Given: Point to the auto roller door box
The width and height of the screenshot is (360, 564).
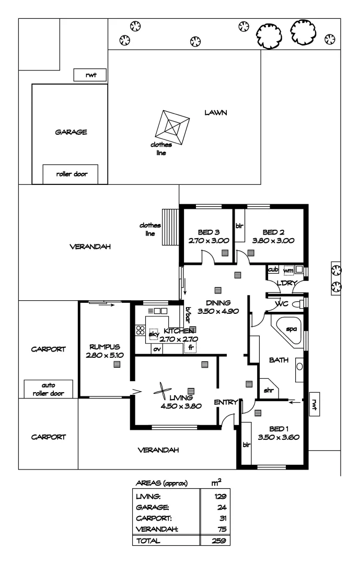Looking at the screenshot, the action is tap(48, 389).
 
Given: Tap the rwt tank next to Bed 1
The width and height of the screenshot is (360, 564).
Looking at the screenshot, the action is tap(315, 404).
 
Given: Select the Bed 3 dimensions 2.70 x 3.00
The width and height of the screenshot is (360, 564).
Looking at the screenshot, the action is tap(206, 241).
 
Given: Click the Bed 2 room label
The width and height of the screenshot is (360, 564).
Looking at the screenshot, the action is tap(273, 232).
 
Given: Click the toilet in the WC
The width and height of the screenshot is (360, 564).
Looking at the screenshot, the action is tap(297, 304).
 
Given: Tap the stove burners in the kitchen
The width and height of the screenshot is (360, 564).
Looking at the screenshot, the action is tap(140, 330).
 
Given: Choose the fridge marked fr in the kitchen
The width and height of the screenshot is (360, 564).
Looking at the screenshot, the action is tap(191, 347).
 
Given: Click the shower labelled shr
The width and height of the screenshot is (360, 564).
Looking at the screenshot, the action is tap(269, 390).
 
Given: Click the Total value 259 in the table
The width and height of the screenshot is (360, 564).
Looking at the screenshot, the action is tap(219, 541).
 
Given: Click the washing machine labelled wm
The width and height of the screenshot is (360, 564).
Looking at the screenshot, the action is tap(288, 271).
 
